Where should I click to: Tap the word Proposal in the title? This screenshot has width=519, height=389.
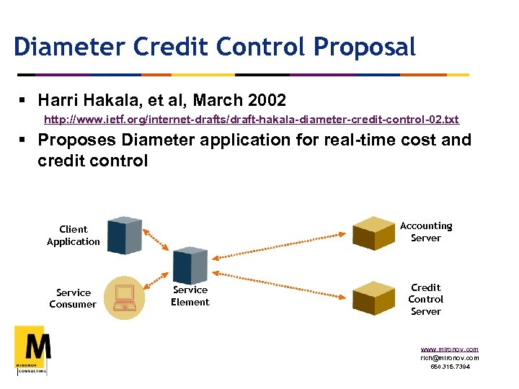pyautogui.click(x=364, y=47)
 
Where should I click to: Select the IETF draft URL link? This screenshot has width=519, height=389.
pyautogui.click(x=251, y=119)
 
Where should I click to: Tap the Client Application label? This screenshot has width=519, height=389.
pyautogui.click(x=73, y=236)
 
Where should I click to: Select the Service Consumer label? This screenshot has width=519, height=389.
pyautogui.click(x=73, y=298)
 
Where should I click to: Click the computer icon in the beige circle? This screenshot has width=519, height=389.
pyautogui.click(x=125, y=295)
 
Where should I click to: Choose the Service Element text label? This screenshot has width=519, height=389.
pyautogui.click(x=190, y=296)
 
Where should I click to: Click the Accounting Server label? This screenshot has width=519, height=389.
pyautogui.click(x=426, y=232)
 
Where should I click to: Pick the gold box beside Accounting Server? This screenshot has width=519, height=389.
pyautogui.click(x=373, y=232)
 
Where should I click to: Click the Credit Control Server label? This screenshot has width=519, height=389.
pyautogui.click(x=426, y=299)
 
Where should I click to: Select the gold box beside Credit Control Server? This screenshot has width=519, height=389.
pyautogui.click(x=373, y=297)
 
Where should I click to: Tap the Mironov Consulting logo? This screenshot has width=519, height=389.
pyautogui.click(x=32, y=349)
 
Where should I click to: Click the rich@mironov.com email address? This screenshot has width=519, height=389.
pyautogui.click(x=449, y=357)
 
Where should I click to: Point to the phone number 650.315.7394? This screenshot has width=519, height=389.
pyautogui.click(x=449, y=366)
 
